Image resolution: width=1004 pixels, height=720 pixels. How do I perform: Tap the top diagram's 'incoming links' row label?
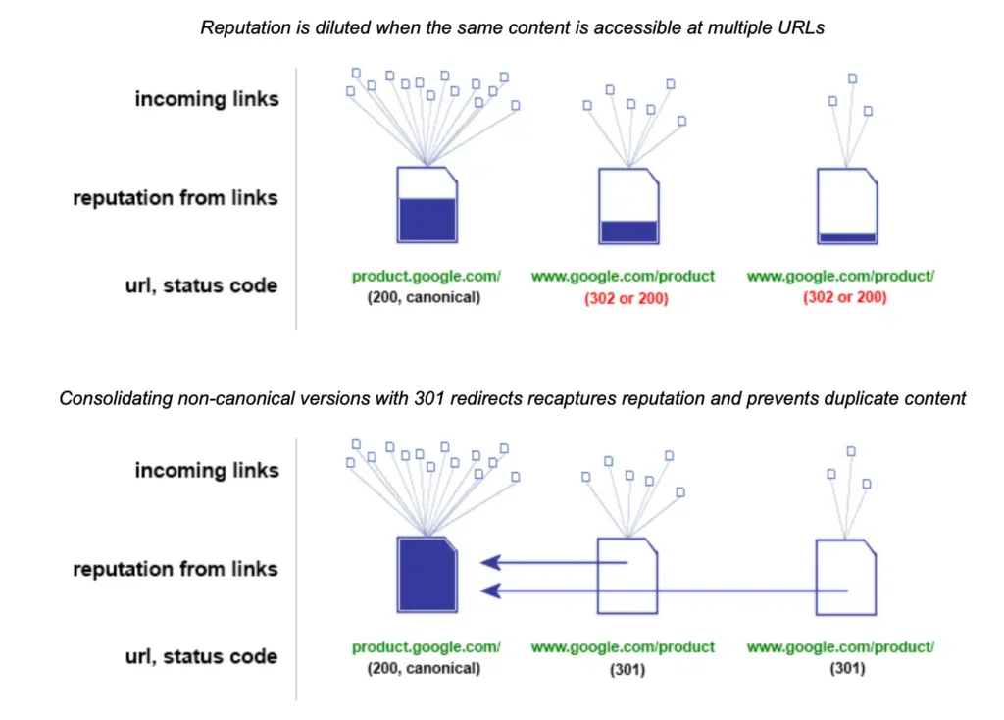click(x=206, y=98)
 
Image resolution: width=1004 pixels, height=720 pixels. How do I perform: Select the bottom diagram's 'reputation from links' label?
click(x=176, y=569)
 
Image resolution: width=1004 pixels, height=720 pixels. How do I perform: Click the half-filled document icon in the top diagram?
click(x=427, y=205)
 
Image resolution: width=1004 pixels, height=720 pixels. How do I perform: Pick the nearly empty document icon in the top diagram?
click(x=847, y=205)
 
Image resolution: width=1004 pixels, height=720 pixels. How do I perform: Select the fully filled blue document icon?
click(x=427, y=575)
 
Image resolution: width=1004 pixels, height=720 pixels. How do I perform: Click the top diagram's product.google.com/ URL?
click(x=427, y=278)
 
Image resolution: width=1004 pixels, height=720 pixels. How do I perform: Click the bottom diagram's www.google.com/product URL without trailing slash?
click(x=623, y=647)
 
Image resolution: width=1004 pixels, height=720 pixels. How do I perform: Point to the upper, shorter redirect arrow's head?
click(x=489, y=563)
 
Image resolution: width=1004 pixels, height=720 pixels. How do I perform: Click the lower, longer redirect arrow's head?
click(x=489, y=591)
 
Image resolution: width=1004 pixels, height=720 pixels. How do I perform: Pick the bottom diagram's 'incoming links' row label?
click(x=206, y=470)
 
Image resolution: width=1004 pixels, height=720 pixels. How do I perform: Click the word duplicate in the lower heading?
click(x=847, y=398)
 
